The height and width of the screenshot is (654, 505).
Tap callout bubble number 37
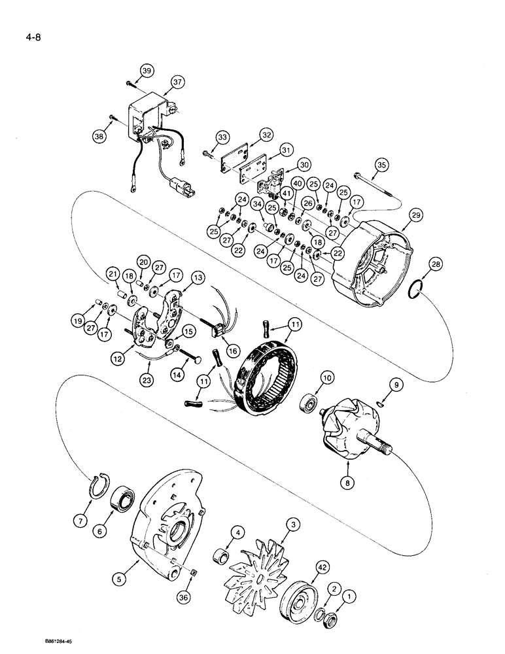(179, 82)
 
